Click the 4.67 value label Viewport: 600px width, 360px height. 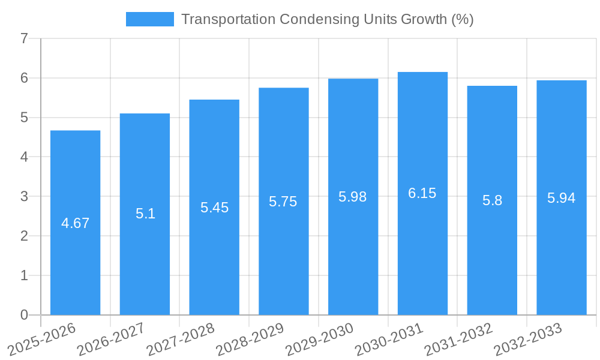click(x=75, y=223)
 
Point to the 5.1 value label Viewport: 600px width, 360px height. click(x=145, y=214)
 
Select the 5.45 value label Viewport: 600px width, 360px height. click(x=214, y=208)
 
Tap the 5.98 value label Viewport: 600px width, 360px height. click(x=352, y=197)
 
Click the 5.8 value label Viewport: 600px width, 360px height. click(x=492, y=200)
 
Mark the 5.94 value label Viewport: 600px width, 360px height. click(x=561, y=198)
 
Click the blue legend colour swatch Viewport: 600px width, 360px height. click(x=149, y=19)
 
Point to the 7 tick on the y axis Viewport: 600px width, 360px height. click(x=24, y=38)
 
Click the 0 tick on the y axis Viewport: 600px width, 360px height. click(x=24, y=315)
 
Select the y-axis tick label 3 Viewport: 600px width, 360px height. click(x=24, y=196)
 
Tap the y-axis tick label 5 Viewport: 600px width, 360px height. click(x=24, y=118)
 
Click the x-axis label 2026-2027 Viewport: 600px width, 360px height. click(x=112, y=339)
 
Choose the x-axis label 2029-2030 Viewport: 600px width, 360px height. click(x=320, y=339)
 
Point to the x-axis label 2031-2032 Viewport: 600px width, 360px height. click(x=459, y=339)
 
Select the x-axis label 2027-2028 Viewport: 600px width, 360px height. click(x=181, y=339)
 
